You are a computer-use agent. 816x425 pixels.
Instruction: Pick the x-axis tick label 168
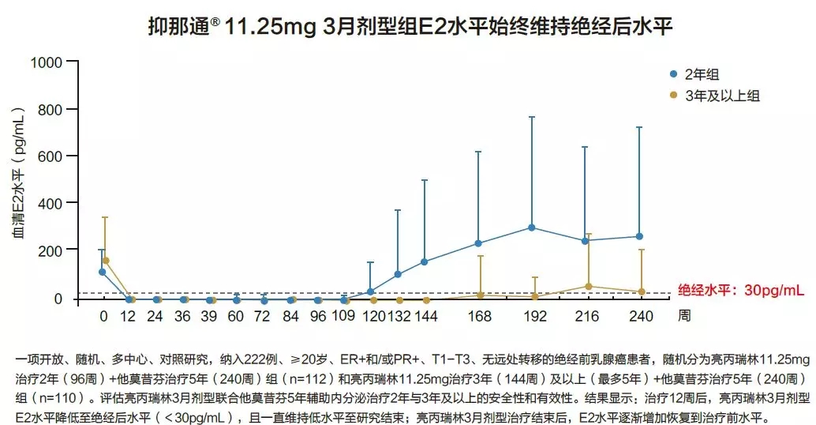click(479, 317)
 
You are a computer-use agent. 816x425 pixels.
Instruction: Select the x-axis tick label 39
click(209, 317)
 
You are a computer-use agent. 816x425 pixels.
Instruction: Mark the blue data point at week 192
click(532, 228)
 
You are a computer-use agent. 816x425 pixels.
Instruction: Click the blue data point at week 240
click(639, 236)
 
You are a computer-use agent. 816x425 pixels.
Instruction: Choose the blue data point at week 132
click(398, 274)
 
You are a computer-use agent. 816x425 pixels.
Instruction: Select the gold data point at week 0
click(106, 261)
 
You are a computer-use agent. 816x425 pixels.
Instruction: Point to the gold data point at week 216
click(588, 286)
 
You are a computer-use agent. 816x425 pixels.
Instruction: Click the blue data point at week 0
click(102, 272)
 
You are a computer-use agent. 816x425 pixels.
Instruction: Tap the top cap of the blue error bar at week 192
click(532, 117)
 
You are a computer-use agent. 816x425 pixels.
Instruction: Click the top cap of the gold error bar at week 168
click(481, 256)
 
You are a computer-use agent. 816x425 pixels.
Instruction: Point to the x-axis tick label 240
click(640, 317)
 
